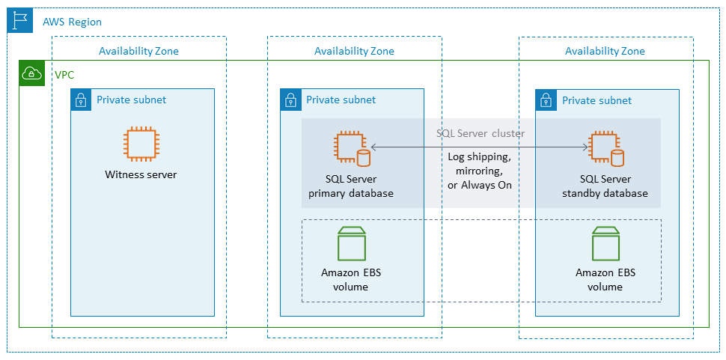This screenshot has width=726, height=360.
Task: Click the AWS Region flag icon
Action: (19, 21)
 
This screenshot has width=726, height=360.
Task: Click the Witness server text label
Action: (141, 174)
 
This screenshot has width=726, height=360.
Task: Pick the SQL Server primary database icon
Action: (351, 149)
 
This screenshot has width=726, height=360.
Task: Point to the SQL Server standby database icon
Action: (605, 149)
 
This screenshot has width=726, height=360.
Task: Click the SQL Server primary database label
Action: (351, 186)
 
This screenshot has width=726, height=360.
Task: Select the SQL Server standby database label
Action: (605, 186)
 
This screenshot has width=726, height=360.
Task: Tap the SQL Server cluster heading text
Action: (481, 133)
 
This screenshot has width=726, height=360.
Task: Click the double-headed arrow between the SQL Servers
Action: (479, 147)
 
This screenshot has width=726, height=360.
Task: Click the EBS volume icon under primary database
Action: (351, 242)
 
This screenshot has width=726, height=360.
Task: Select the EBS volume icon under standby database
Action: (605, 242)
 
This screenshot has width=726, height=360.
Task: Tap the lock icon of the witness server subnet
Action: (81, 100)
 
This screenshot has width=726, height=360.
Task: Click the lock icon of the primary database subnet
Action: (290, 100)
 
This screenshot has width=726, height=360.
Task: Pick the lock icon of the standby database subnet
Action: (546, 100)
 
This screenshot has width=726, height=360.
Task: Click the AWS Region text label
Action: (71, 22)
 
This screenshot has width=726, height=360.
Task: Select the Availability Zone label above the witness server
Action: (138, 51)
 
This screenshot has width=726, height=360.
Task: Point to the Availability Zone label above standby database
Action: (605, 51)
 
